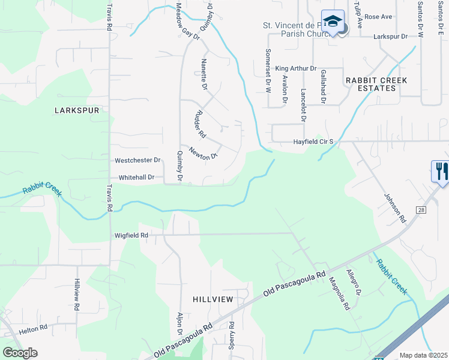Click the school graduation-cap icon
tap(333, 22)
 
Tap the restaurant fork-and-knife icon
tap(441, 171)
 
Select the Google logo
tap(20, 353)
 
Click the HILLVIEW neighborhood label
tap(212, 299)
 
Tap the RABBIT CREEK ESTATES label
tap(376, 84)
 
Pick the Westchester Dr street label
tap(137, 161)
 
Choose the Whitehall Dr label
tap(137, 178)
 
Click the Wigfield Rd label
tap(131, 236)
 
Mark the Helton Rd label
tap(32, 328)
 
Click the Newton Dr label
tap(202, 154)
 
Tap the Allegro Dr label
tap(354, 282)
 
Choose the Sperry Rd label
tap(231, 341)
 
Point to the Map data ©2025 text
tap(423, 355)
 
